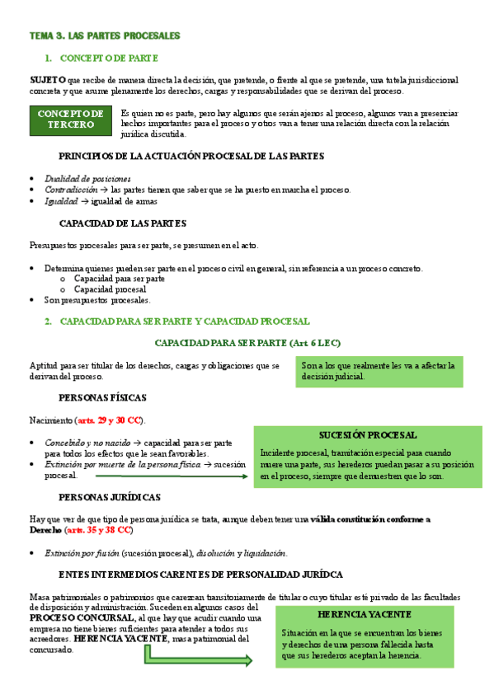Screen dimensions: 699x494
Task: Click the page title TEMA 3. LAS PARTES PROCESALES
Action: [x=104, y=36]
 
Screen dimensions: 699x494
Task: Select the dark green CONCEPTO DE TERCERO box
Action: [x=71, y=120]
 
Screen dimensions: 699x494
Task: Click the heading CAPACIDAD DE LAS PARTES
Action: [x=123, y=223]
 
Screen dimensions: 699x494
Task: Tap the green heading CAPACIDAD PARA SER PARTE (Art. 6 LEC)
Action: [x=248, y=342]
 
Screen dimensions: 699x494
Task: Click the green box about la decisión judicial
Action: [x=380, y=371]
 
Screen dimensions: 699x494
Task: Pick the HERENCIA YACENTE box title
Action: [x=365, y=615]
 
